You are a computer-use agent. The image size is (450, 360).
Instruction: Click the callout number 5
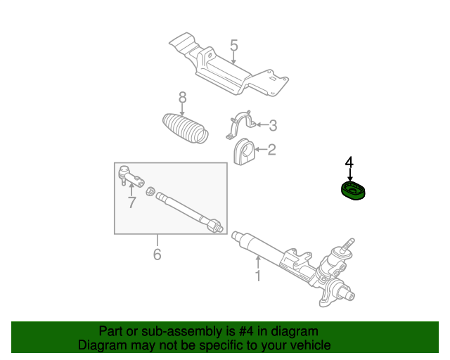tap(234, 46)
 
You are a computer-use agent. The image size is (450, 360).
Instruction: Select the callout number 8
tap(183, 98)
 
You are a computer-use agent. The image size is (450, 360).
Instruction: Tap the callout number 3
tap(273, 125)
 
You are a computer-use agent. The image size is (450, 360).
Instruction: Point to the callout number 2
tap(271, 150)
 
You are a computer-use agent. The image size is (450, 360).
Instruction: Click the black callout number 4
tap(349, 162)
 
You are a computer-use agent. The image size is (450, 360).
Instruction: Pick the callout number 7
tap(131, 202)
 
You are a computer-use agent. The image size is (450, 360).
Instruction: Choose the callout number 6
tap(157, 254)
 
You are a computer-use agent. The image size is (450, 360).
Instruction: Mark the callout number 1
tap(258, 276)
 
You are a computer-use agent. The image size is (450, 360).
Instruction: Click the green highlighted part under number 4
tap(353, 191)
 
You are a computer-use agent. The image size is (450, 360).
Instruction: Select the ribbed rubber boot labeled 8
tap(185, 129)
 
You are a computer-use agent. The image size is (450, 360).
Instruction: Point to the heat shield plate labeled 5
tap(228, 65)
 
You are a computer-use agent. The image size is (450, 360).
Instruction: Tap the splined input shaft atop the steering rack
tap(347, 246)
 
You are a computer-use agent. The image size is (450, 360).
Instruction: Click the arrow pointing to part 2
tap(260, 149)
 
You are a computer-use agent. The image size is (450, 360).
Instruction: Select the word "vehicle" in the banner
tap(313, 345)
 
